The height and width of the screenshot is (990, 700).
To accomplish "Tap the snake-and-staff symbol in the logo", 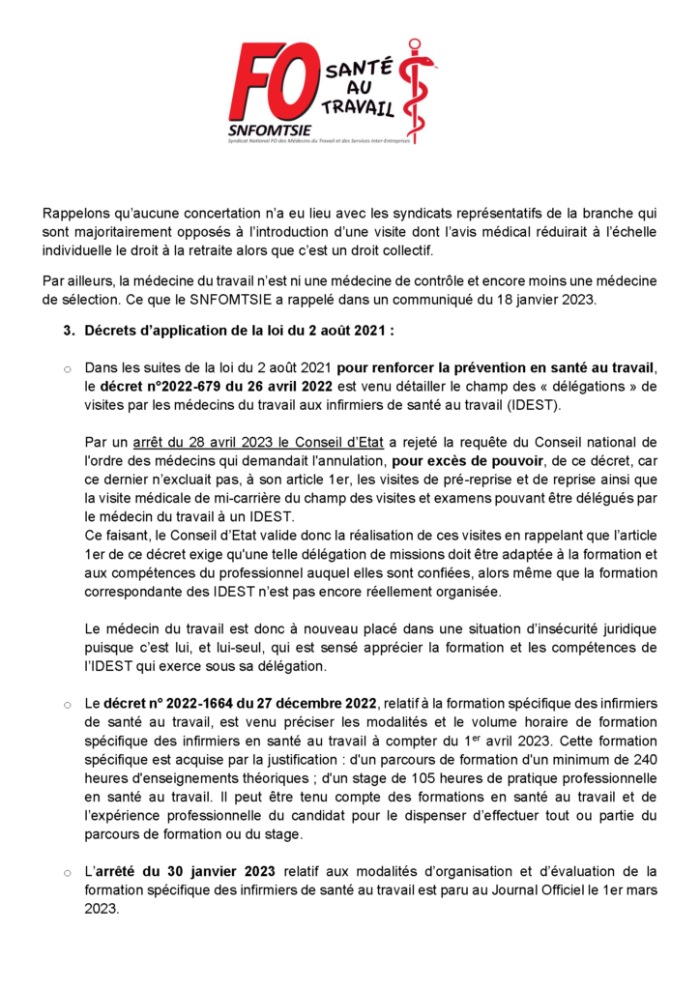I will pyautogui.click(x=418, y=92).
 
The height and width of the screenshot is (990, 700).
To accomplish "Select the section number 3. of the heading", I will pyautogui.click(x=69, y=330).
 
